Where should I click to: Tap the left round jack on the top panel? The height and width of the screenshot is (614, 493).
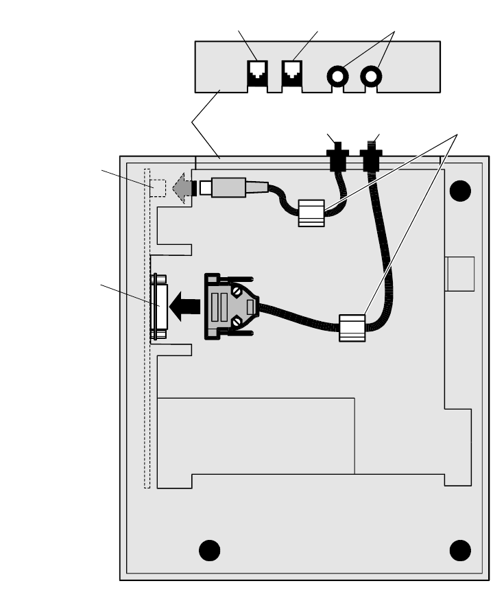[x=339, y=75]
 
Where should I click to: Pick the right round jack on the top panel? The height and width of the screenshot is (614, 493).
[x=372, y=75]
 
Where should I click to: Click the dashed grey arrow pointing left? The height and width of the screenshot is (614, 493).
[x=181, y=188]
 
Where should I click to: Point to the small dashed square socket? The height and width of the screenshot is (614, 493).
[x=158, y=187]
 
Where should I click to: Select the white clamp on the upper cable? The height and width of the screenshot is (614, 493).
[x=311, y=213]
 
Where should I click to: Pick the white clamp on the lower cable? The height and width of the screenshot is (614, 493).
[x=352, y=328]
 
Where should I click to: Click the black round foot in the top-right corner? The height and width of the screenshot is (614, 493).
[x=461, y=191]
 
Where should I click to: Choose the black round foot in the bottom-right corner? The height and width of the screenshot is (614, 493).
[x=460, y=550]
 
